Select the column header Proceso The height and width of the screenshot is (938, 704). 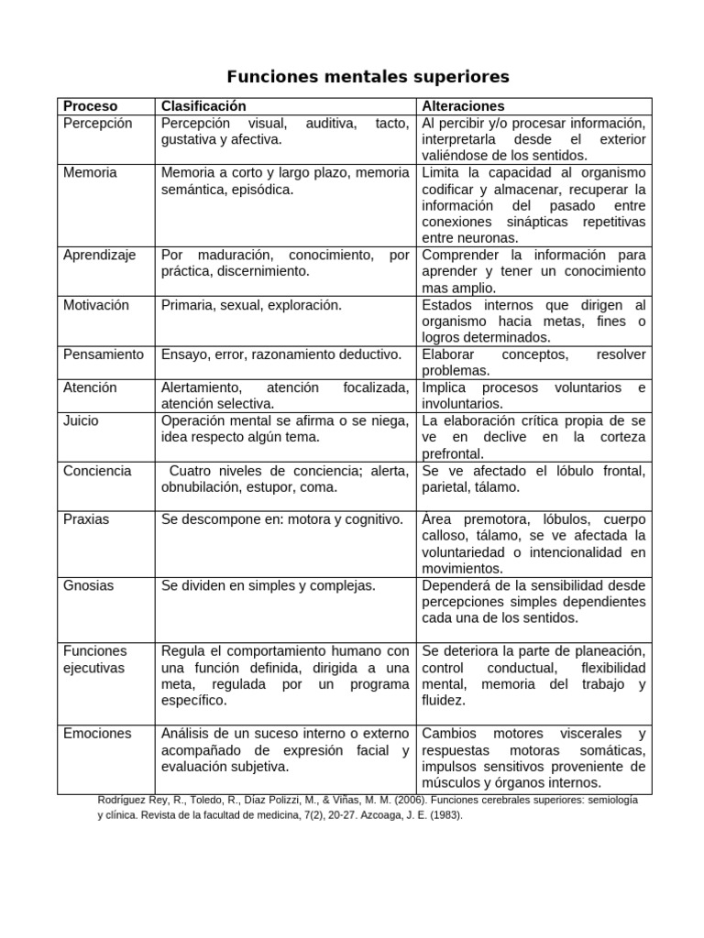coord(90,106)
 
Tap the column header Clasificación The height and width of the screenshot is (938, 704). coord(203,106)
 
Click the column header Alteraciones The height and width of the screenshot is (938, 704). coord(463,106)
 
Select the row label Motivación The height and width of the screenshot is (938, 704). coord(96,305)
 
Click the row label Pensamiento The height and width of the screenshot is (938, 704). coord(104,354)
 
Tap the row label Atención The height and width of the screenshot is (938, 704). coord(90,387)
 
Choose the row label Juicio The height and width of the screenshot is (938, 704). coord(81,420)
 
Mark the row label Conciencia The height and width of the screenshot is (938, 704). coord(97,471)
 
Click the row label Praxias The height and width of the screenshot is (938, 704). coord(86,519)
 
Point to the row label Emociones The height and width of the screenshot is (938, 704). coord(97,734)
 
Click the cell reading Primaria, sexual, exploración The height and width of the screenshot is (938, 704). coord(251,305)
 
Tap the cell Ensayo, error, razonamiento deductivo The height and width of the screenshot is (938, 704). coord(281,354)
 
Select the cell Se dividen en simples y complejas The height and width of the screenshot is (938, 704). coord(269,585)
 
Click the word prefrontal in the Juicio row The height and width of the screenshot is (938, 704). coord(454,453)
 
